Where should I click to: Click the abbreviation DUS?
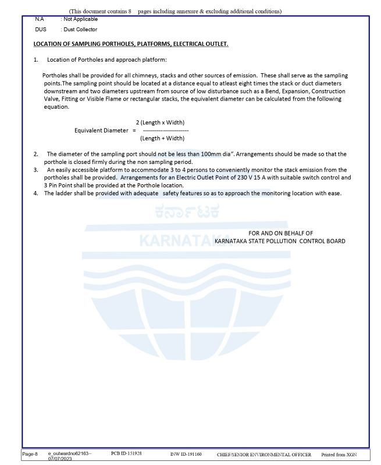point(40,30)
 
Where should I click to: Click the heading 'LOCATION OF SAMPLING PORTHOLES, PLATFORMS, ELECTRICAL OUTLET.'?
point(131,44)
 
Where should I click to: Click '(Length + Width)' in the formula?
point(162,138)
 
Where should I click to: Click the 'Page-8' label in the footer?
point(31,453)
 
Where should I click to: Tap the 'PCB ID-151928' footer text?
point(126,452)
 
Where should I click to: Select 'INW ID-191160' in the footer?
point(186,453)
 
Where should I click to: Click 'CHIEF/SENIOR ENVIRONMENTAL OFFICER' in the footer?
point(265,453)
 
